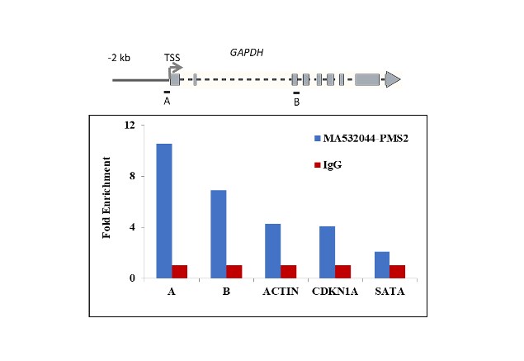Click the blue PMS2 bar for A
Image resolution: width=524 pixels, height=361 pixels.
(164, 211)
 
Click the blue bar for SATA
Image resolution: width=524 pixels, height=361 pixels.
(381, 264)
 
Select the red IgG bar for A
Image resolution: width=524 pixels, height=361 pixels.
(180, 272)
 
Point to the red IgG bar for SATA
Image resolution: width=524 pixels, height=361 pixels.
(397, 272)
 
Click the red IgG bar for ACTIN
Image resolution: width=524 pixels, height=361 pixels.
(289, 272)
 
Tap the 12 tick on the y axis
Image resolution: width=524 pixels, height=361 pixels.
(129, 126)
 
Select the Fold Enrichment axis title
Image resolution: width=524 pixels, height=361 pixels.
(106, 202)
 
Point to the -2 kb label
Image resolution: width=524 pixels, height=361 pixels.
(120, 59)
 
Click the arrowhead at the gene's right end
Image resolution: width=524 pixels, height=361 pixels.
(393, 79)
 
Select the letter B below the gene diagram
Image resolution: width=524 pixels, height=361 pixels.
(296, 102)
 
